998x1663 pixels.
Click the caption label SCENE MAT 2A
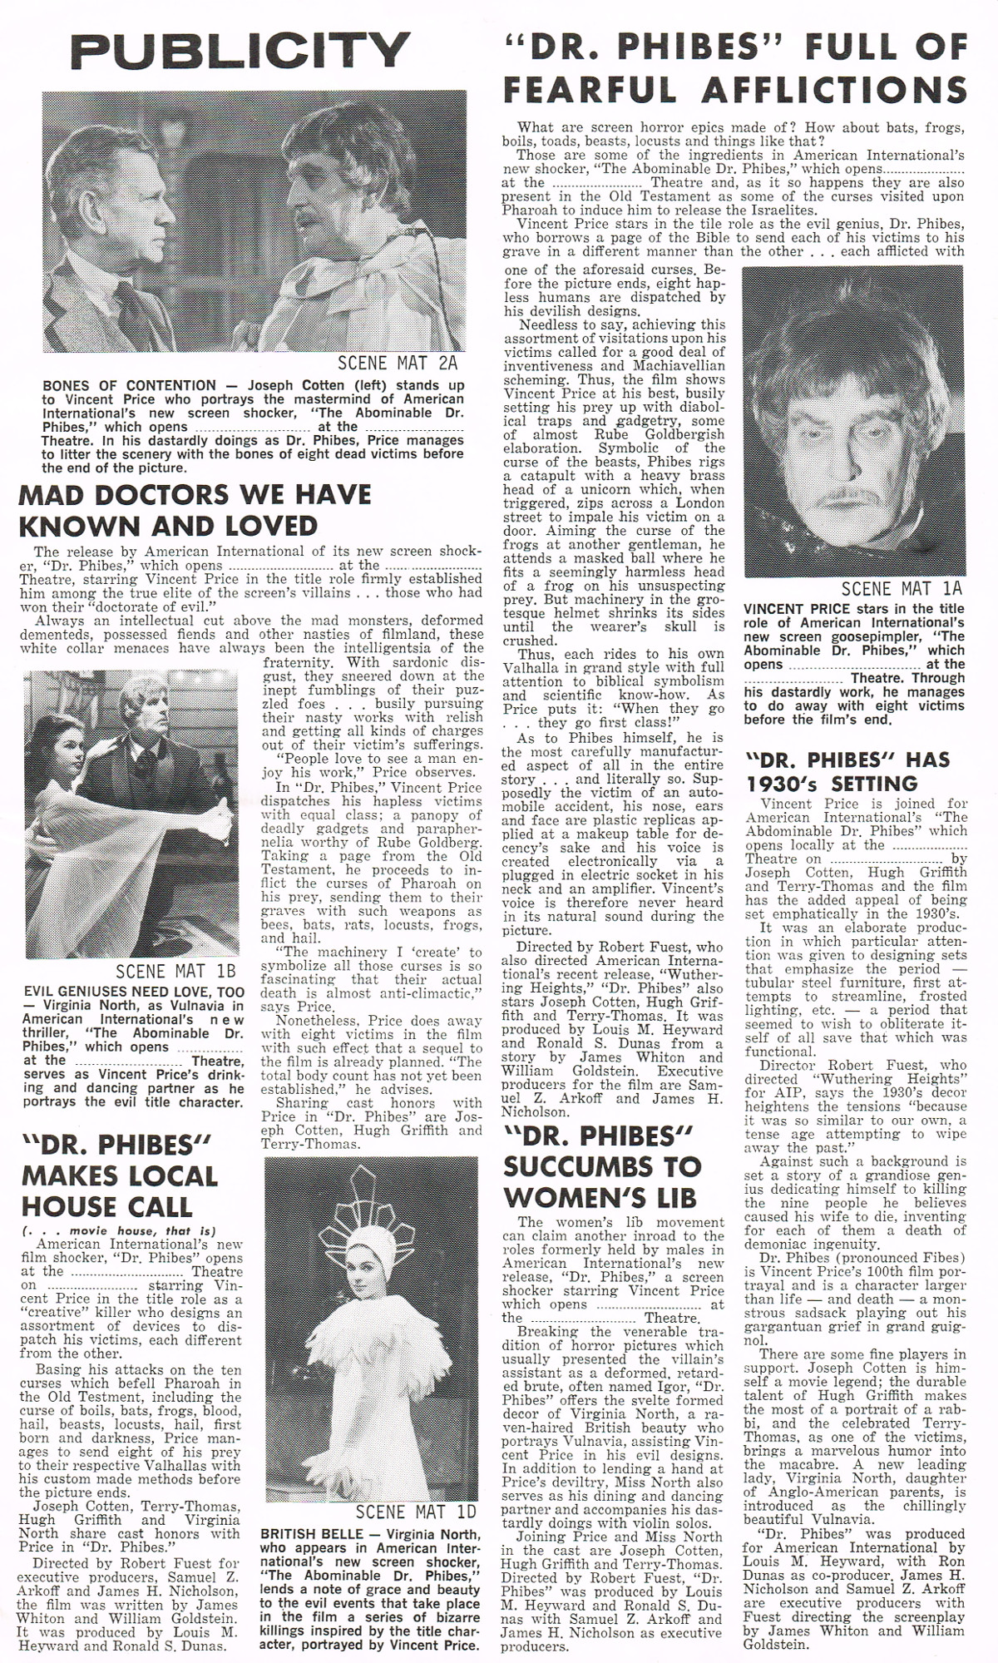[x=398, y=364]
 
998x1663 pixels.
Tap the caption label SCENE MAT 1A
[x=902, y=589]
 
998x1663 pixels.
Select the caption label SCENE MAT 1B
[x=176, y=971]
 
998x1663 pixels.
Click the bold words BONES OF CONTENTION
[x=129, y=385]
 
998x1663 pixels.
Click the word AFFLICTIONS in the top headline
[x=835, y=90]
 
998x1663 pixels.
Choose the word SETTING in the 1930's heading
[x=865, y=784]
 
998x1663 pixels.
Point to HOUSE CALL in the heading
[x=107, y=1206]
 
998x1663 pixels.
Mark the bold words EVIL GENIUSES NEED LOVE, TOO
[x=134, y=992]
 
